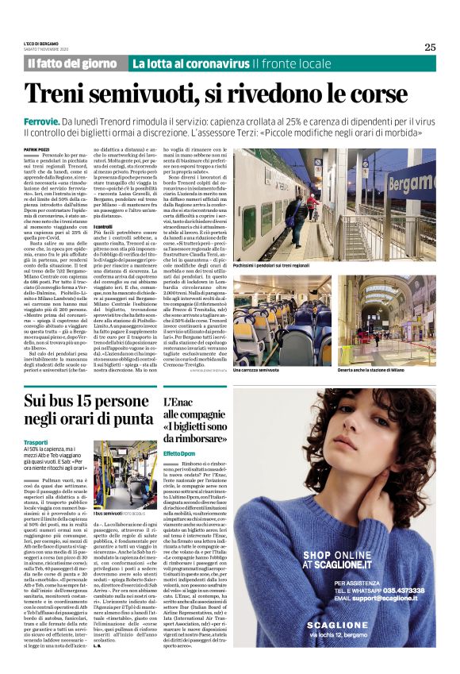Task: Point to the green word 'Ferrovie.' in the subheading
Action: (44, 120)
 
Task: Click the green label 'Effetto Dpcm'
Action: (180, 453)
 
